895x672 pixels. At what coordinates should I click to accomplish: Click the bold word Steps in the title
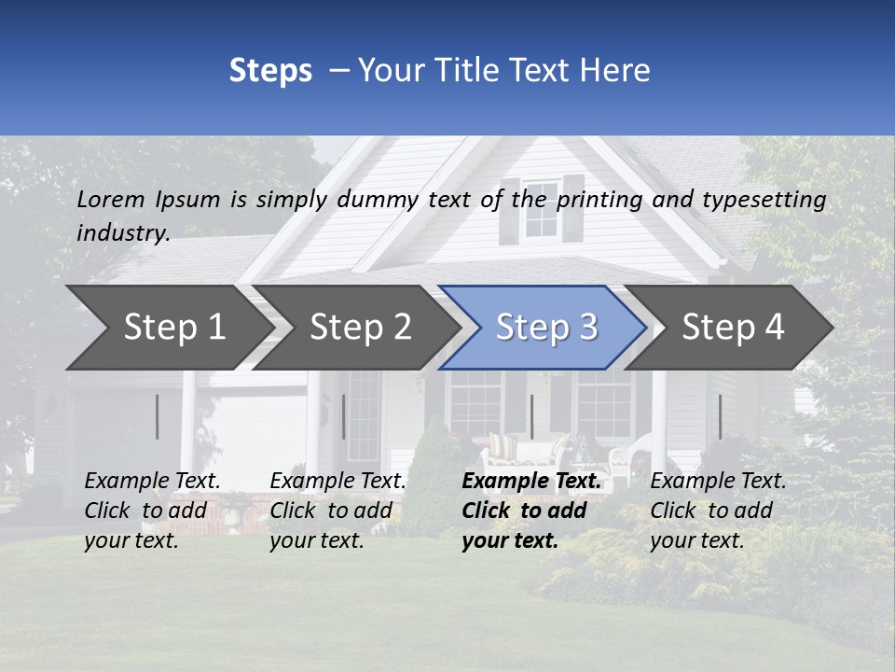(270, 71)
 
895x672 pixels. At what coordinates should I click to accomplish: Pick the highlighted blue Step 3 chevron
(546, 327)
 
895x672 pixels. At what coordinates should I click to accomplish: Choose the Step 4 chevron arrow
(733, 327)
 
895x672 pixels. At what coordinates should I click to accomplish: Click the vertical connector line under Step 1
(158, 416)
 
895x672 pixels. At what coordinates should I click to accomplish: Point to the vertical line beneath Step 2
(344, 416)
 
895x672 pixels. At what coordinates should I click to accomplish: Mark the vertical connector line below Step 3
(531, 416)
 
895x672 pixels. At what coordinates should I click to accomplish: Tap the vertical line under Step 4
(720, 416)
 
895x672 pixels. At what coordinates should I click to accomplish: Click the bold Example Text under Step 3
(531, 482)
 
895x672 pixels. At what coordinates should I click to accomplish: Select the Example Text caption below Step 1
(152, 482)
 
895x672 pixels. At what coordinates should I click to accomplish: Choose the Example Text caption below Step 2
(337, 482)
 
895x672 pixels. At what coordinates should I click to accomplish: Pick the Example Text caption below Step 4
(718, 482)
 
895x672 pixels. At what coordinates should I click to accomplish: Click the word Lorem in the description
(111, 199)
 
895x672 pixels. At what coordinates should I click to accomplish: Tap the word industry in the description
(122, 233)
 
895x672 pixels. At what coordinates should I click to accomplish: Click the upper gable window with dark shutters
(541, 209)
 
